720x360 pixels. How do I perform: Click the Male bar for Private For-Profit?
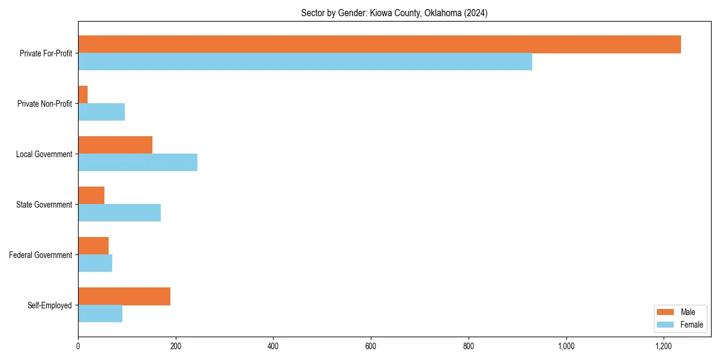tap(379, 44)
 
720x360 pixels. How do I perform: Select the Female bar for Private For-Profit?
tap(305, 62)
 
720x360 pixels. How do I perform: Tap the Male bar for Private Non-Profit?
tap(83, 95)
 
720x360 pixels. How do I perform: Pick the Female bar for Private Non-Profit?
tap(101, 112)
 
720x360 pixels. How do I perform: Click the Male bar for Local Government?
tap(115, 145)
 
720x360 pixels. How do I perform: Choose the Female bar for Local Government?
tap(137, 163)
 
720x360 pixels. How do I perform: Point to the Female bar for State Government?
tap(119, 213)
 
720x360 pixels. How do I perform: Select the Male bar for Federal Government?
tap(93, 246)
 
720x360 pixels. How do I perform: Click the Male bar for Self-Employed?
tap(124, 296)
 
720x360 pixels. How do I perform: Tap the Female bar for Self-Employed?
tap(100, 314)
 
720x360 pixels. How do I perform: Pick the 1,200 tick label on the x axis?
tap(663, 346)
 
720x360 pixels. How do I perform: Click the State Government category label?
tap(44, 205)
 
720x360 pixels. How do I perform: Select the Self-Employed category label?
tap(50, 305)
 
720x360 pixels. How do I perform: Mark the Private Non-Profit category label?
tap(45, 104)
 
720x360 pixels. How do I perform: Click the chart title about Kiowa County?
tap(394, 13)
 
